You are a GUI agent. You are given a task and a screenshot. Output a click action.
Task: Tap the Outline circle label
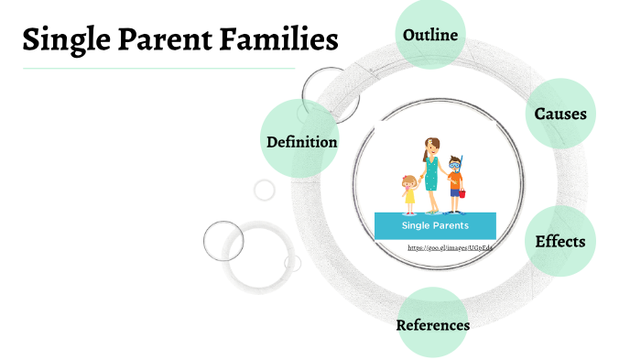430,35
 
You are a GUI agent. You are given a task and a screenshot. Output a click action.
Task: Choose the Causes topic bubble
560,115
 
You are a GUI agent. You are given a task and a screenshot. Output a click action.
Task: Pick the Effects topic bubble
560,242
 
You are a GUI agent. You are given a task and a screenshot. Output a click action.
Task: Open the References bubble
433,325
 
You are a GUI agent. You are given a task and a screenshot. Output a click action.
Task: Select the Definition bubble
301,142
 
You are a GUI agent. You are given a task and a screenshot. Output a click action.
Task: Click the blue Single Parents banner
435,225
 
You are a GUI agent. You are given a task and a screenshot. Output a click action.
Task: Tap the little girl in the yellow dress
408,192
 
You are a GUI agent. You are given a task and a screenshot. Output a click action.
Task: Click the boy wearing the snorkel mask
455,183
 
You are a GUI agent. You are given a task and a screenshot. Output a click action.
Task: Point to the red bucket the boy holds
462,194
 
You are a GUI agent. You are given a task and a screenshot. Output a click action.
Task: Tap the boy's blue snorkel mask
455,165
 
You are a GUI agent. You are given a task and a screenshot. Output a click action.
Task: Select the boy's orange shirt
455,180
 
